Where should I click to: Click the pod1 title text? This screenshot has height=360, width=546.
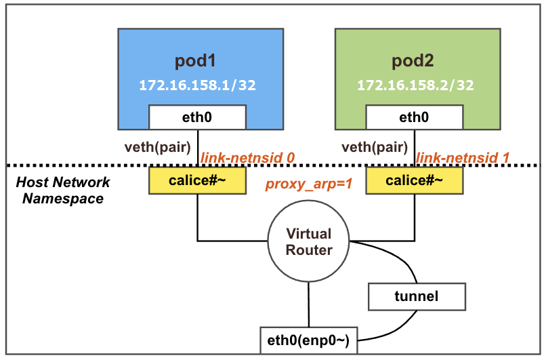tap(195, 61)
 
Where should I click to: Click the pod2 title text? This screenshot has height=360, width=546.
tap(413, 61)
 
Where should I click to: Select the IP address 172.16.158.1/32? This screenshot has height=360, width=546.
tap(197, 86)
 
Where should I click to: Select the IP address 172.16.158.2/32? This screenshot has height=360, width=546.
tap(415, 86)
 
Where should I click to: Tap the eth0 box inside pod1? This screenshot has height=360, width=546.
tap(197, 117)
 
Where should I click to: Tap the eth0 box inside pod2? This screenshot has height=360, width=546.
tap(414, 117)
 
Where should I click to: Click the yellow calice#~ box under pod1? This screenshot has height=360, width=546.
tap(197, 180)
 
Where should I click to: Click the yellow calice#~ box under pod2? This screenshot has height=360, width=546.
tap(414, 180)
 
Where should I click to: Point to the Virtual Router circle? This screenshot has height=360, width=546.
tap(309, 241)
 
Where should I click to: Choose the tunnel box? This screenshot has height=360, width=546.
tap(417, 296)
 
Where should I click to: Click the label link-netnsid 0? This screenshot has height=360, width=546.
tap(247, 157)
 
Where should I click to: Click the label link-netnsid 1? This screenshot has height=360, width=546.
tap(463, 157)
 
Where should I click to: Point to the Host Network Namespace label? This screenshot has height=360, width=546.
tap(62, 191)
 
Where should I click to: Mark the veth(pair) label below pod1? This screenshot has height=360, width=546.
tap(159, 146)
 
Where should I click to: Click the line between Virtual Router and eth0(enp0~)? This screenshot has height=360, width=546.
tap(309, 304)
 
